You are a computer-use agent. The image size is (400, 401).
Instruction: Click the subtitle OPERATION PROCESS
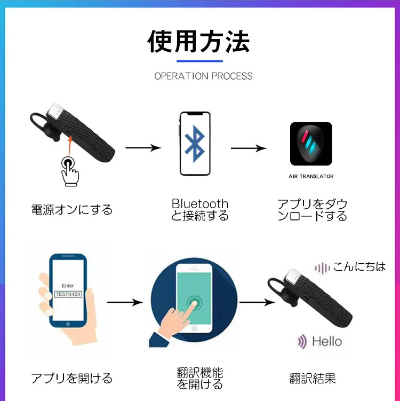coord(203,76)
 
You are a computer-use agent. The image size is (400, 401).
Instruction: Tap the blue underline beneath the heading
coord(199,61)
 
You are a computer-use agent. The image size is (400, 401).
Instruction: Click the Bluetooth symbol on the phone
coord(194,143)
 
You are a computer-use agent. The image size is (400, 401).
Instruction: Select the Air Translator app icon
coord(311,144)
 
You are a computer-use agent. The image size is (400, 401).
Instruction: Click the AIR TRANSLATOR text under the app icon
coord(311,176)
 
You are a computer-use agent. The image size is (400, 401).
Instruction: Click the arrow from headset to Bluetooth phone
coord(143,148)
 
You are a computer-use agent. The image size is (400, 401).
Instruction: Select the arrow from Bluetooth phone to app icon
coord(249,148)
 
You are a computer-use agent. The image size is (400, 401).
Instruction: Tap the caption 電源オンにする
coord(72,209)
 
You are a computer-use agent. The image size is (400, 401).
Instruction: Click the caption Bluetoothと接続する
coord(200,210)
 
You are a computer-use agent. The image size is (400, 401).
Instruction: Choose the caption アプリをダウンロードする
coord(312,210)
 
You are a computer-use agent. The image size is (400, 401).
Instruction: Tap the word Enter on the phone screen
coord(68,286)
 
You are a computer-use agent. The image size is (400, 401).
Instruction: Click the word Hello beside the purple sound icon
coord(326,341)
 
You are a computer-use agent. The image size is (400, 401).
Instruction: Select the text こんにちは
coord(359,266)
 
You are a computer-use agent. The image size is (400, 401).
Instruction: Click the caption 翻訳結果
coord(313,379)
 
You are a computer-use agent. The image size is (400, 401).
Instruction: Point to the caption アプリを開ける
coord(72,379)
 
